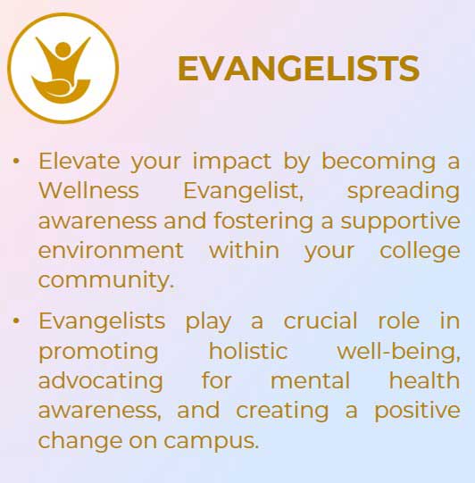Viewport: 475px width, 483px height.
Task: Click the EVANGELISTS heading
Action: (298, 69)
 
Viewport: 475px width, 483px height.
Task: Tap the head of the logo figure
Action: (63, 50)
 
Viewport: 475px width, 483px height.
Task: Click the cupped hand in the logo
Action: (61, 90)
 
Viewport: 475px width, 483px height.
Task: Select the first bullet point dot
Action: (16, 161)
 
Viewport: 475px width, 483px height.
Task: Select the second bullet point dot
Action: (16, 321)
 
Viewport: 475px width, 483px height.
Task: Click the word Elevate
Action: (79, 161)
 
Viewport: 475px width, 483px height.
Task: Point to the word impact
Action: (232, 162)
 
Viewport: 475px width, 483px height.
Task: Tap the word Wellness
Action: (88, 190)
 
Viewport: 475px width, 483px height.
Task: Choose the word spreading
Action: (404, 192)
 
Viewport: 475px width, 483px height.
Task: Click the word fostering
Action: (263, 221)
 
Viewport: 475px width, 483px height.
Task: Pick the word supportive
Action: (400, 221)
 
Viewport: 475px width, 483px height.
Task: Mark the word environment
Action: (111, 251)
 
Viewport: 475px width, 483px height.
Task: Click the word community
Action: (106, 280)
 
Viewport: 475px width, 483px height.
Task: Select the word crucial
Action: (321, 321)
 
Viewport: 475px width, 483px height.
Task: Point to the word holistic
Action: (248, 351)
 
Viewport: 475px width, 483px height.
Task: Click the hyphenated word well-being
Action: (398, 352)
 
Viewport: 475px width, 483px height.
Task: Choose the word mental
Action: (310, 380)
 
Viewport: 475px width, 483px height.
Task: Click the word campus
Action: (211, 441)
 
